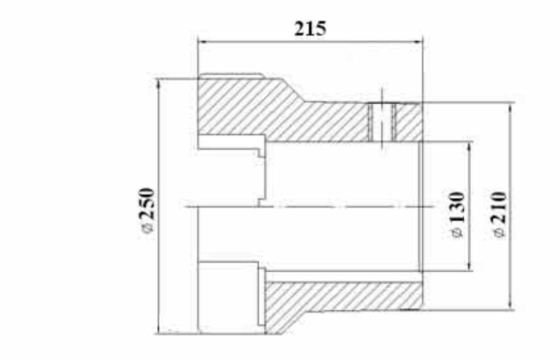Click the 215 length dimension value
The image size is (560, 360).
[310, 29]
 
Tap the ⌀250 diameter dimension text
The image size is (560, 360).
[147, 211]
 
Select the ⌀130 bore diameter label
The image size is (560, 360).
[457, 215]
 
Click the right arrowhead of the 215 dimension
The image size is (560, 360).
[418, 42]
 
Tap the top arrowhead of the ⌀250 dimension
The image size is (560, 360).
[159, 84]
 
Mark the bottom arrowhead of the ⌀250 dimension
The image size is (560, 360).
[159, 329]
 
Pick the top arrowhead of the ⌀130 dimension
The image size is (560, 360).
[469, 147]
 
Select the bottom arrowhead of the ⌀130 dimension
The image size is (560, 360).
[469, 266]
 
